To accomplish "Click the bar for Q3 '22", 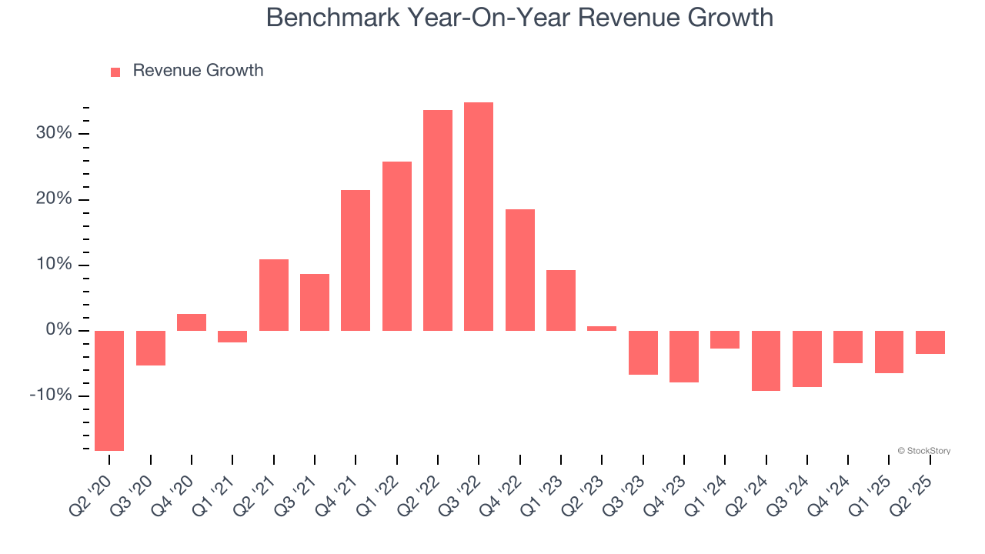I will click(x=479, y=216).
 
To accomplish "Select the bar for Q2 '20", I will click(x=109, y=390).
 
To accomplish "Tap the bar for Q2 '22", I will click(x=438, y=220).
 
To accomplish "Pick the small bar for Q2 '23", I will click(x=602, y=329).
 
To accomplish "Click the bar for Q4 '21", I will click(x=356, y=260).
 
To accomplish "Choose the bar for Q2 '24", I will click(x=766, y=361).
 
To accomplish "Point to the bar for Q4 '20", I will click(x=192, y=322).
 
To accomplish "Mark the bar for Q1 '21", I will click(x=232, y=336).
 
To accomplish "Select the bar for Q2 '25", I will click(x=930, y=342).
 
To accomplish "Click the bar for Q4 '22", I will click(x=520, y=270).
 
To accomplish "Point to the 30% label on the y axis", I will click(x=53, y=134).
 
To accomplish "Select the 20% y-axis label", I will click(x=53, y=199).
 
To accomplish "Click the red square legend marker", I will click(x=115, y=72).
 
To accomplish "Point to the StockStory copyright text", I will click(x=923, y=451).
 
